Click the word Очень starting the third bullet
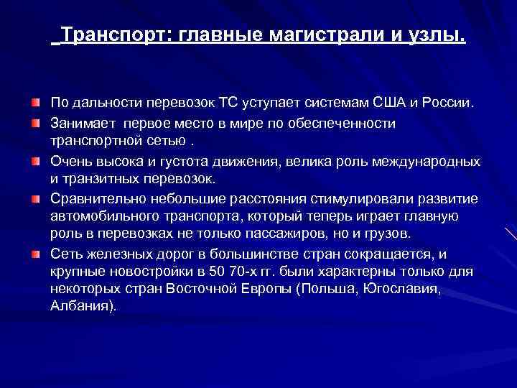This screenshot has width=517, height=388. click(x=70, y=160)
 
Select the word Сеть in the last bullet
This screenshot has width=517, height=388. click(x=65, y=254)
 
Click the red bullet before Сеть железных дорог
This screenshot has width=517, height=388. click(x=35, y=254)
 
